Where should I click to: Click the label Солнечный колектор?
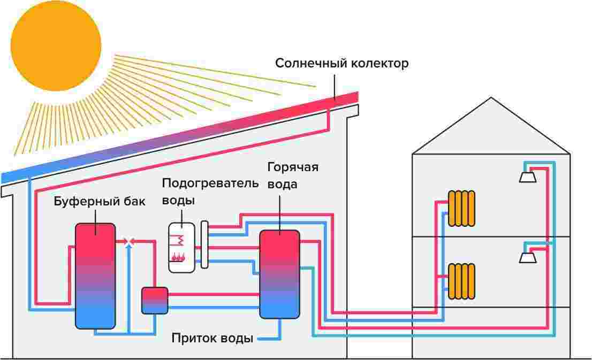point(341,64)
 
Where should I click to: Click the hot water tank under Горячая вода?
point(279,274)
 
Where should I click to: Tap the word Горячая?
point(292,167)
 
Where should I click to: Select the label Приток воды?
point(212,339)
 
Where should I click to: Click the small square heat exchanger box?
point(155,300)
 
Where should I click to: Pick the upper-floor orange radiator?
point(462,208)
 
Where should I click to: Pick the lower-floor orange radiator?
point(462,280)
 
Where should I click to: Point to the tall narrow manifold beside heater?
point(204,244)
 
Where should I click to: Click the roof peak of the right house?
point(490,98)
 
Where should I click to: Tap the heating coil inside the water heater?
point(180,238)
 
